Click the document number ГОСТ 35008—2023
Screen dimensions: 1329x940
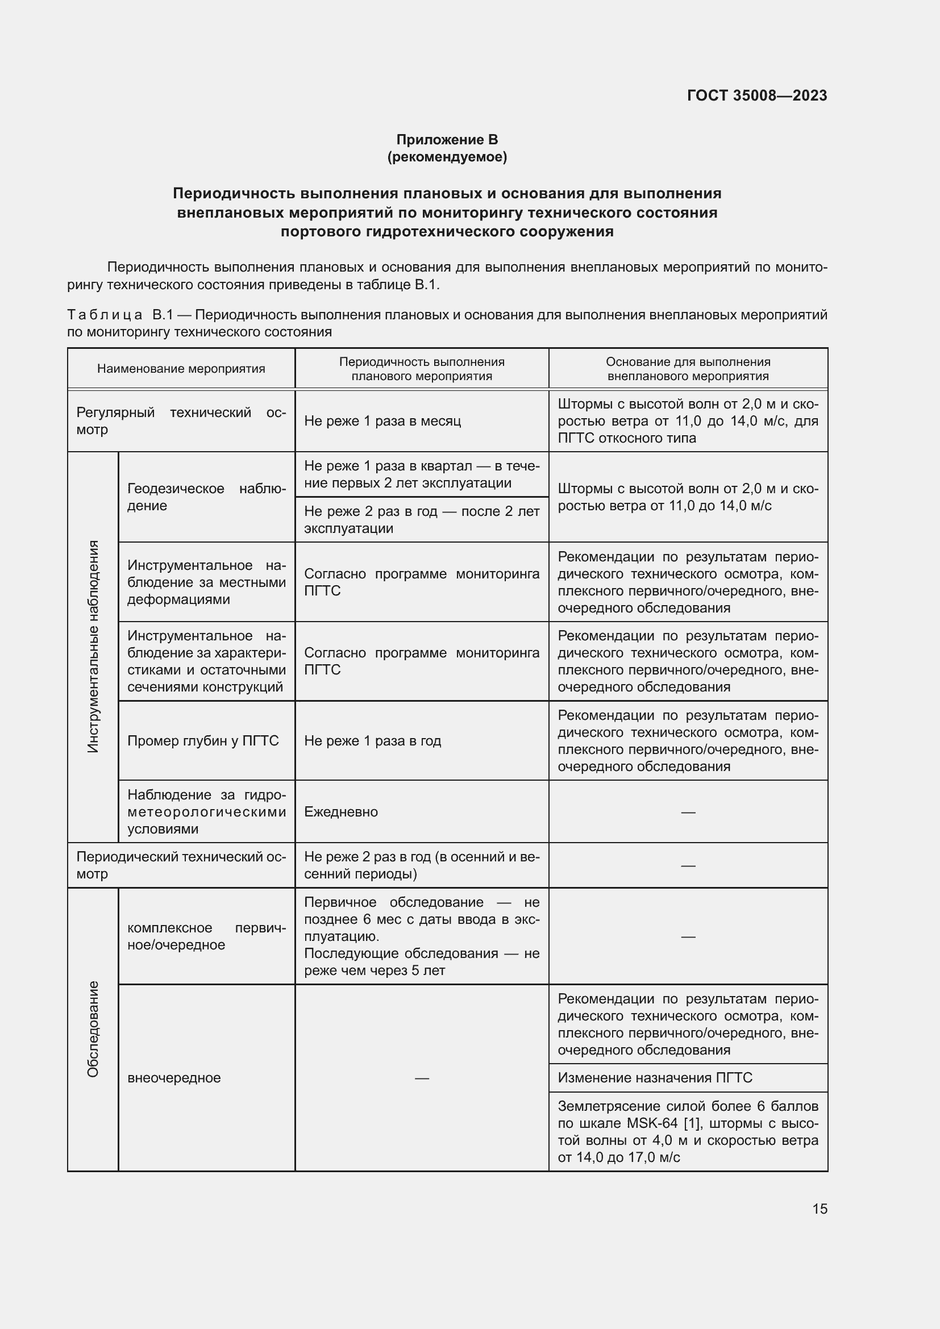pos(756,95)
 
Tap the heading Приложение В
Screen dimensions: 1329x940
pos(447,140)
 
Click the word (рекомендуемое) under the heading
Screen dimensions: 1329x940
pos(447,157)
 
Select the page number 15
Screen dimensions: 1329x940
pos(820,1209)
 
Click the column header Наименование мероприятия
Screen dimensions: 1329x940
pos(181,369)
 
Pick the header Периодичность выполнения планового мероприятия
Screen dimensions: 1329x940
pos(421,369)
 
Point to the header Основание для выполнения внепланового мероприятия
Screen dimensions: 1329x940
pos(688,369)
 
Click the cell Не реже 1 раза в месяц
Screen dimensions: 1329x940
pos(382,421)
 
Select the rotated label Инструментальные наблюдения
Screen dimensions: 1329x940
pos(93,647)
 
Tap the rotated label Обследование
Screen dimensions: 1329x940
pos(93,1029)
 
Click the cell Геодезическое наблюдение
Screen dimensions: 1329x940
pos(206,497)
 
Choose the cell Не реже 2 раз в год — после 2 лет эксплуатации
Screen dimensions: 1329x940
pos(421,519)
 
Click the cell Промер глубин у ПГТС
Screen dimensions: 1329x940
pos(202,741)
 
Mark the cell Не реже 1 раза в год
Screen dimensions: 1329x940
pos(372,741)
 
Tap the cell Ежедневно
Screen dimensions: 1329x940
pos(341,811)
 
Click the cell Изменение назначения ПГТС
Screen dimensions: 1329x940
pos(655,1077)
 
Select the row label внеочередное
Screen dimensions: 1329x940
pos(174,1078)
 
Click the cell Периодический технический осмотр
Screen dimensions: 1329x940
pos(181,865)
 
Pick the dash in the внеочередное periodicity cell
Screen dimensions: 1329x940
pos(421,1078)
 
